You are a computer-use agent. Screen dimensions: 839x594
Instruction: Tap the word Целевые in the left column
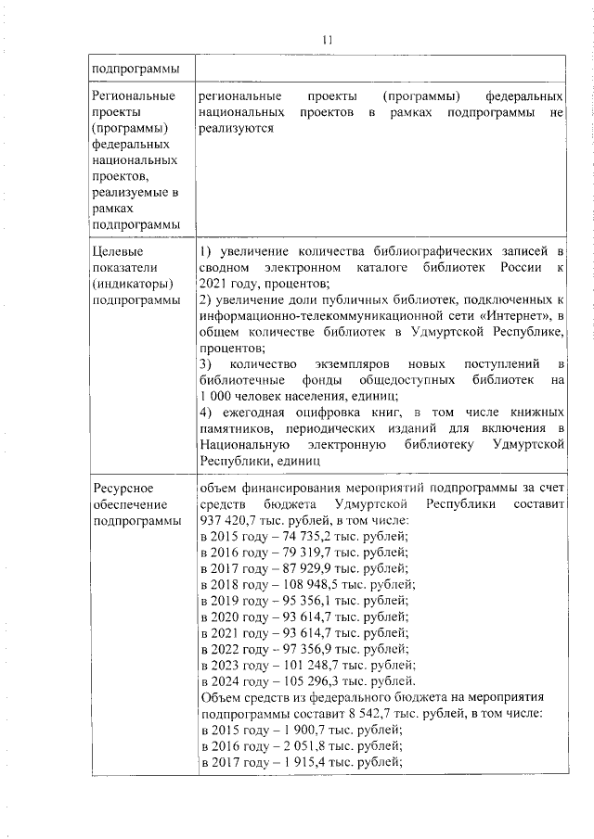tap(116, 251)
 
